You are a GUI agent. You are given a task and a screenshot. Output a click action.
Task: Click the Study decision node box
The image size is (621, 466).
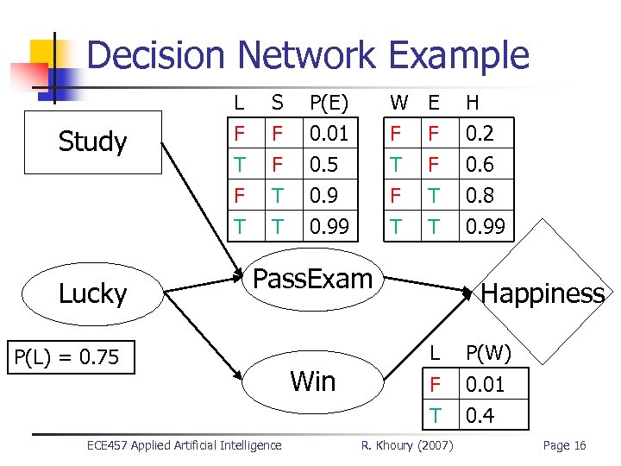(93, 142)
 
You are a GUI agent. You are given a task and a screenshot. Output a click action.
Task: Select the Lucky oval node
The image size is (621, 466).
(93, 293)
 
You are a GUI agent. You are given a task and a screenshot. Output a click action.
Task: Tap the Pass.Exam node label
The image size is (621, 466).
(312, 279)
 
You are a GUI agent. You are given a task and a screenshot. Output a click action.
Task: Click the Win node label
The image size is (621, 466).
(313, 381)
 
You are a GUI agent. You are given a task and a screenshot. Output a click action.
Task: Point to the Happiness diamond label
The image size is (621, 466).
(543, 293)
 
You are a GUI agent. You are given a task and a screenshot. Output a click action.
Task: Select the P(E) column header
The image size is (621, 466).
(328, 103)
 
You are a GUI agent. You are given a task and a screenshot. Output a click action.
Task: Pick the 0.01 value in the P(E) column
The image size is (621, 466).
(328, 134)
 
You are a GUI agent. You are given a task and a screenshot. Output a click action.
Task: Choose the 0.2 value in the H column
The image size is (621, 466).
(479, 134)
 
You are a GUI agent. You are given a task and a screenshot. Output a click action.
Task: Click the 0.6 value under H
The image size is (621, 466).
(479, 165)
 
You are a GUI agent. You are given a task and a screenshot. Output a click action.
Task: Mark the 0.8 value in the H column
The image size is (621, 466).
(479, 196)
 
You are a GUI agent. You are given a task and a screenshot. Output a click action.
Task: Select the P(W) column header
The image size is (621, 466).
(488, 353)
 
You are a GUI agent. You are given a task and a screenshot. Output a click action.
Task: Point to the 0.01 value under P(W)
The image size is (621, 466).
(485, 384)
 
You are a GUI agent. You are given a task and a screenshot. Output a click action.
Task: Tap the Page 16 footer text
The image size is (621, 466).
(564, 445)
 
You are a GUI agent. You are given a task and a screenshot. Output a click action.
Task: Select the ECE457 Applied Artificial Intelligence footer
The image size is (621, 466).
(184, 445)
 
